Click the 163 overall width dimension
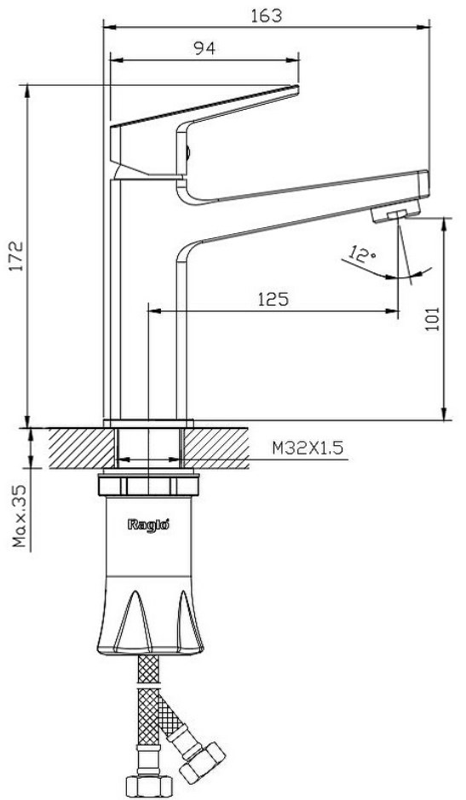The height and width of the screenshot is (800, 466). pyautogui.click(x=266, y=16)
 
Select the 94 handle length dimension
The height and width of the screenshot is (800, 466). pyautogui.click(x=204, y=48)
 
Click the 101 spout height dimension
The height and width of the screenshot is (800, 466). pyautogui.click(x=432, y=319)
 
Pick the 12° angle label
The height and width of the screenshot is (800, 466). pyautogui.click(x=364, y=254)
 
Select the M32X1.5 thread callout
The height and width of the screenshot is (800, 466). pyautogui.click(x=307, y=448)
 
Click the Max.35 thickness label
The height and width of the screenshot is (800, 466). pyautogui.click(x=20, y=517)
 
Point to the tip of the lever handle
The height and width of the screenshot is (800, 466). pyautogui.click(x=296, y=89)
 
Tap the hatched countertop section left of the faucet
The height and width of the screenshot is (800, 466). pyautogui.click(x=81, y=448)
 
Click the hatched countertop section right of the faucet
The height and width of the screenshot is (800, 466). pyautogui.click(x=216, y=448)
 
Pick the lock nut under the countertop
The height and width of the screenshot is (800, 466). pyautogui.click(x=148, y=485)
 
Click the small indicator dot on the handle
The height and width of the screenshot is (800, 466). pyautogui.click(x=187, y=152)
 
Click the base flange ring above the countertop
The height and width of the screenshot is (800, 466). pyautogui.click(x=148, y=423)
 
